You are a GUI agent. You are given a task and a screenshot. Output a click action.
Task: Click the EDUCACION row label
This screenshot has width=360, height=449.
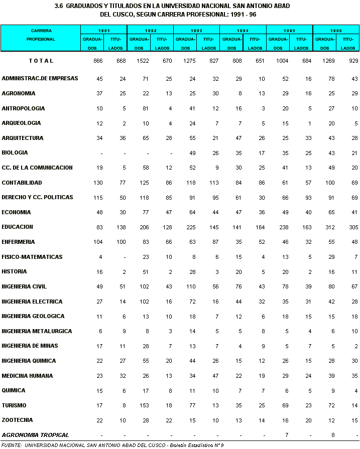[x=18, y=227]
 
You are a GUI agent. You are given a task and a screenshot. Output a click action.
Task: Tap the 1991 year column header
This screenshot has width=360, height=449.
[x=104, y=31]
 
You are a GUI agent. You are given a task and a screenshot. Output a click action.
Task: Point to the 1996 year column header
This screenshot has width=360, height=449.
[x=336, y=31]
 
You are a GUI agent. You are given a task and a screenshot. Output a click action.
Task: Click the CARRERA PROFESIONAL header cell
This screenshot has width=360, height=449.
[x=41, y=35]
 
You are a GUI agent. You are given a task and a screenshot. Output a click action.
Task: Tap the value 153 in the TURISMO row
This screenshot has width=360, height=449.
[x=143, y=405]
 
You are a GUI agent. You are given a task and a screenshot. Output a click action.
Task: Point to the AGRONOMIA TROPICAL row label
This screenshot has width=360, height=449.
[x=35, y=435]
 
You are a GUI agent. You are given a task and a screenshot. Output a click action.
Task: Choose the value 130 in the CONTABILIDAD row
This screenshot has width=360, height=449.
[x=97, y=183]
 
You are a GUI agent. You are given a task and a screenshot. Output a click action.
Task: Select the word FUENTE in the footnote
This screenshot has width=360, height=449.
[x=12, y=445]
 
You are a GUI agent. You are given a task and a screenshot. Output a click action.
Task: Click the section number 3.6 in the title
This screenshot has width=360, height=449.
[x=58, y=6]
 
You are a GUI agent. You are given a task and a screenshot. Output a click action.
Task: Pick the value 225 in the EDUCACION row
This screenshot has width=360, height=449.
[x=189, y=227]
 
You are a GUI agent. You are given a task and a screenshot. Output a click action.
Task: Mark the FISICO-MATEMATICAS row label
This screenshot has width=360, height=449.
[x=32, y=257]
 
